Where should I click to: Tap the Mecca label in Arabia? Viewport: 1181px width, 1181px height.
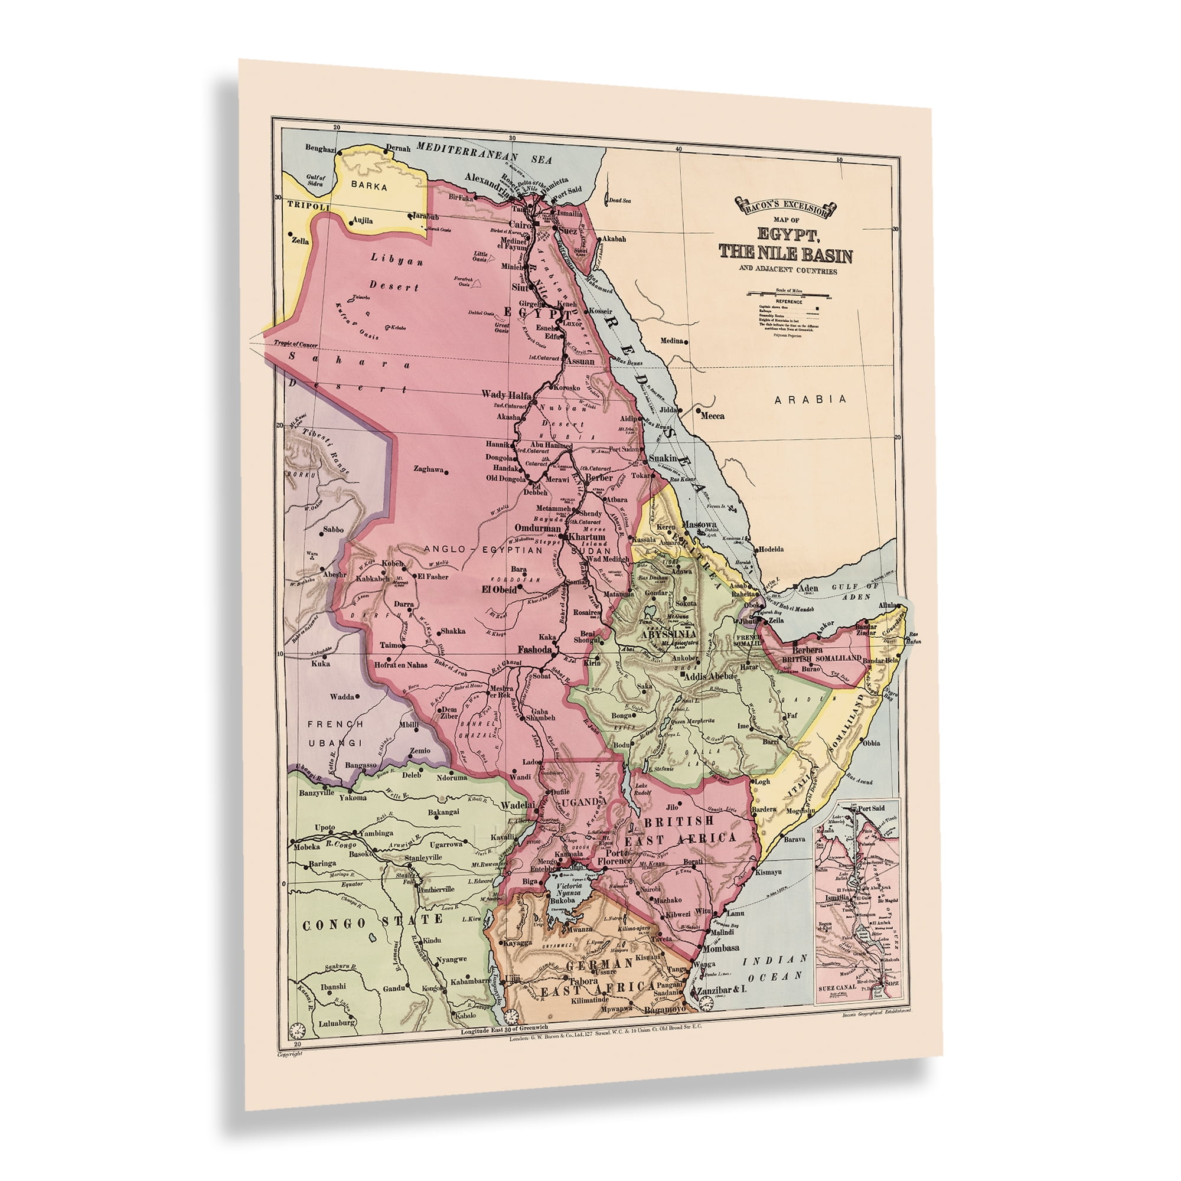click(x=712, y=416)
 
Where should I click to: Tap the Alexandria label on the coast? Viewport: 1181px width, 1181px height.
click(x=487, y=177)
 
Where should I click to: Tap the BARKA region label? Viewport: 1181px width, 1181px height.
click(x=369, y=186)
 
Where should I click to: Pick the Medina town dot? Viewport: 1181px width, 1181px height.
click(x=687, y=341)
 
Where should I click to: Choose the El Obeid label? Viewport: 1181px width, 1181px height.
click(x=499, y=590)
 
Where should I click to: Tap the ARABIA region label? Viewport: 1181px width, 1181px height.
click(x=811, y=399)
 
